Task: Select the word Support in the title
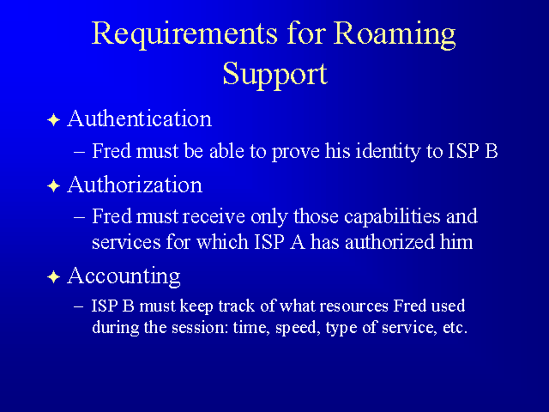point(275,75)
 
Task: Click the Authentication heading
point(139,118)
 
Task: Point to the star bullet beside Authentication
point(53,120)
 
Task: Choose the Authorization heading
point(135,185)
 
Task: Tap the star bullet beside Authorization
point(53,185)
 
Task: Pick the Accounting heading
point(124,276)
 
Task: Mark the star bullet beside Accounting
point(53,277)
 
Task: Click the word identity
point(388,152)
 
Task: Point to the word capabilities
point(392,217)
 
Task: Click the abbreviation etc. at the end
point(455,328)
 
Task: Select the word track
point(237,306)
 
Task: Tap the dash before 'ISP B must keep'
point(79,306)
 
